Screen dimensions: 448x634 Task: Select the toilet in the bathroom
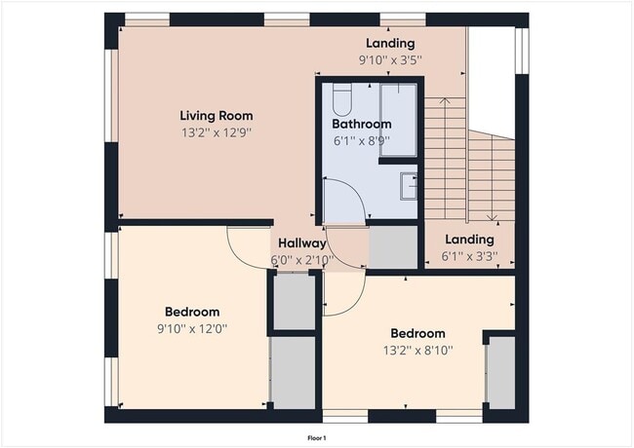click(341, 99)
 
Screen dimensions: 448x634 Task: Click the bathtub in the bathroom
click(398, 119)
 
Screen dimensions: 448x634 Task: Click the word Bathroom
click(361, 124)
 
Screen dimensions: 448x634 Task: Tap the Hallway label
click(301, 243)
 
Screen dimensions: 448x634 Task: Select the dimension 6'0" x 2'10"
click(301, 260)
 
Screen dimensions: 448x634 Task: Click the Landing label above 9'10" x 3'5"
click(390, 43)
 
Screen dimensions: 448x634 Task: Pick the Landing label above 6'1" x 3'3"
click(469, 240)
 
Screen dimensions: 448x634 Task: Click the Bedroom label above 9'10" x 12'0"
click(191, 312)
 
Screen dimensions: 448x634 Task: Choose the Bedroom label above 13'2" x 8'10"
click(417, 333)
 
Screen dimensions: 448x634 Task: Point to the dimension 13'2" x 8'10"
click(417, 350)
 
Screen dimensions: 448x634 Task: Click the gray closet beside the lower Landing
click(393, 247)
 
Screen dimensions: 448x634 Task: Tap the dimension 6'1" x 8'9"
click(361, 140)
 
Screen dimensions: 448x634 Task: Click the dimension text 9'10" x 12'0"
click(191, 328)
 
